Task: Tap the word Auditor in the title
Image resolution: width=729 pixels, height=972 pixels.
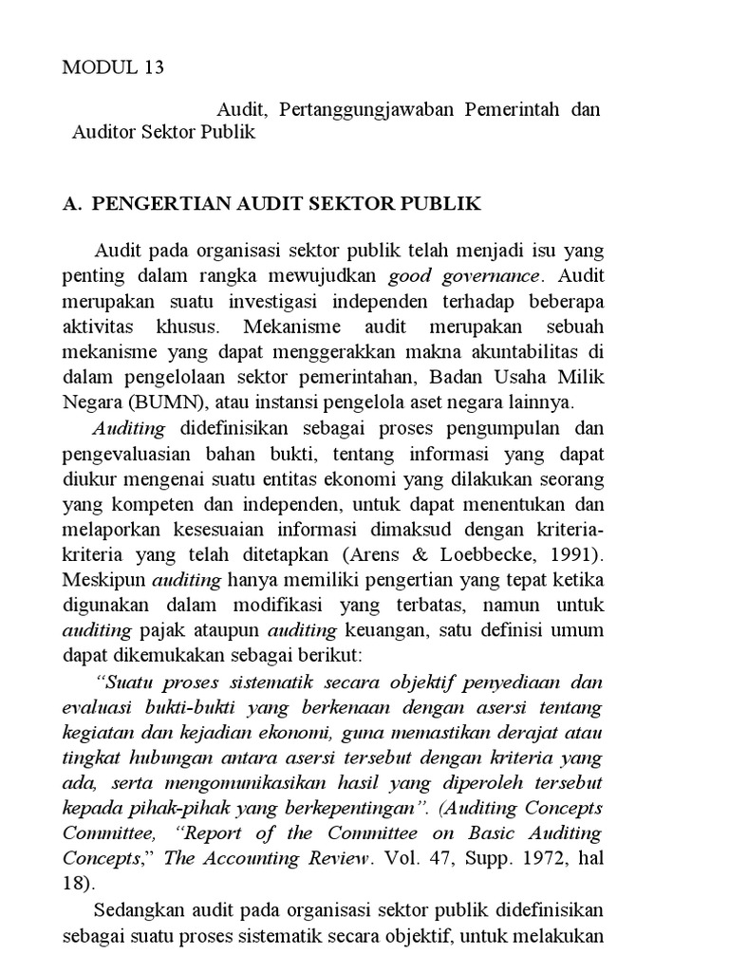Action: click(x=103, y=132)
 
